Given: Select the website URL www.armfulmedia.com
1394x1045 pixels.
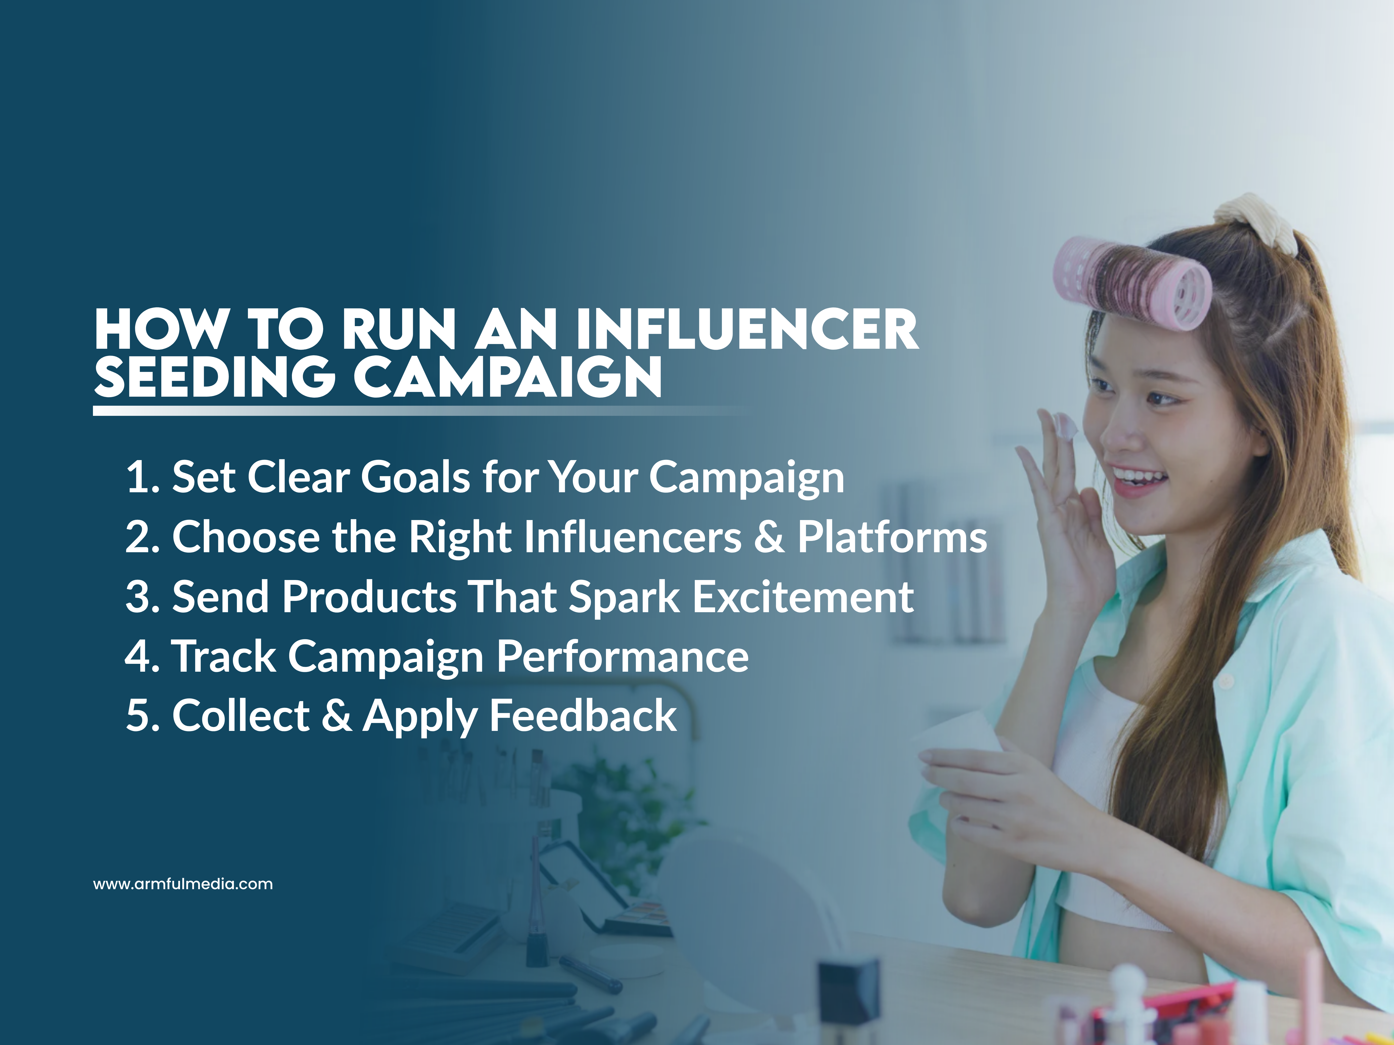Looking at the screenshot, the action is [183, 884].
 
